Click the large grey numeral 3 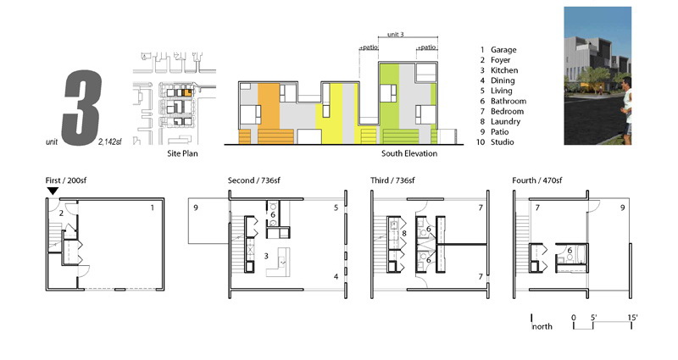pos(82,108)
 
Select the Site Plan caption pos(182,153)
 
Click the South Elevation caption pos(409,153)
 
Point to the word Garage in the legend pos(503,50)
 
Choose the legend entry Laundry pos(505,122)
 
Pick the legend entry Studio pos(502,142)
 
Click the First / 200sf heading pos(66,180)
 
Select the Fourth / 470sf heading pos(537,180)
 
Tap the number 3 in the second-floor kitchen pos(266,257)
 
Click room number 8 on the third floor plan pos(404,234)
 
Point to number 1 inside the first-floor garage pos(153,208)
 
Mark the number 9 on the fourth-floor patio pos(623,208)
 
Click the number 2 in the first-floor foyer pos(61,213)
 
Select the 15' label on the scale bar pos(632,318)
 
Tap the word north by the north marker pos(542,327)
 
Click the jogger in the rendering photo pos(625,110)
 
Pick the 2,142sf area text pos(110,141)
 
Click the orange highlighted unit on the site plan pos(186,92)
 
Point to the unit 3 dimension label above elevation pos(395,34)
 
